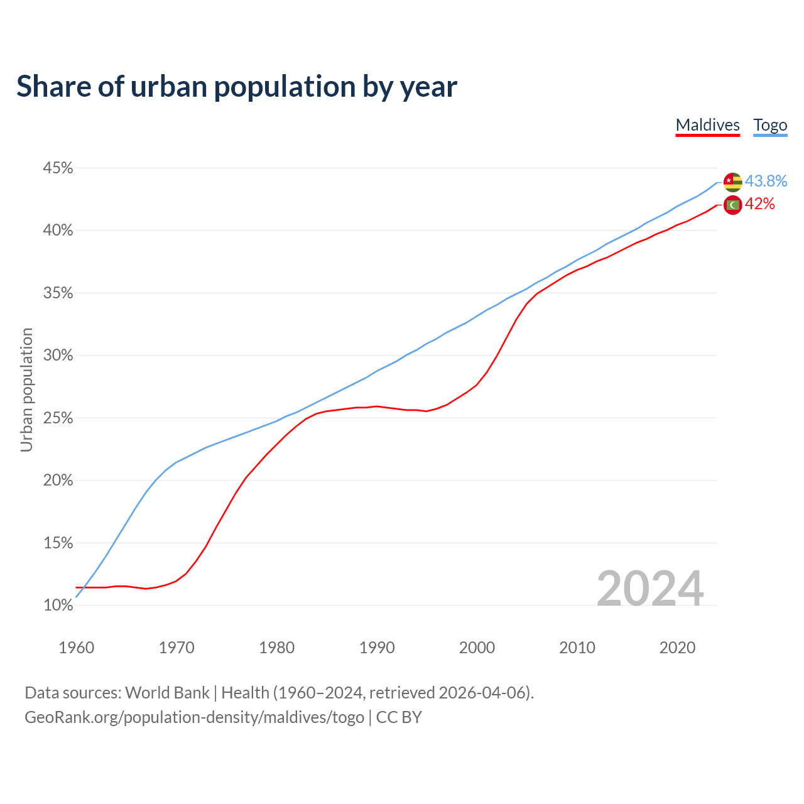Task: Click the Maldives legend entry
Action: [x=707, y=125]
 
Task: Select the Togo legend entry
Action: [x=770, y=125]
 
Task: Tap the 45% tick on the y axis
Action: [x=58, y=168]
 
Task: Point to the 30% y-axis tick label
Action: [x=58, y=356]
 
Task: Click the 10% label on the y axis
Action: [x=58, y=606]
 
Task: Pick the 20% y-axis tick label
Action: [x=58, y=481]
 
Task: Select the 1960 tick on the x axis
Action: [x=76, y=648]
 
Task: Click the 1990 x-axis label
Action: [x=377, y=648]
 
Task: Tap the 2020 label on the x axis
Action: [x=677, y=648]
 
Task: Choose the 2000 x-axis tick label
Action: [x=477, y=648]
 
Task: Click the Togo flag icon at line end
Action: [x=733, y=182]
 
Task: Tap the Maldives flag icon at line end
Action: [x=733, y=205]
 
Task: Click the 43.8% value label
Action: [x=766, y=182]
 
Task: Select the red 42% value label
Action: [x=759, y=204]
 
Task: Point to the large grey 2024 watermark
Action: [x=650, y=589]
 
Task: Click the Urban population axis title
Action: [x=26, y=389]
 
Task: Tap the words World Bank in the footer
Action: [x=167, y=693]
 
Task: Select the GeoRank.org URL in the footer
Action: [x=194, y=717]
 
